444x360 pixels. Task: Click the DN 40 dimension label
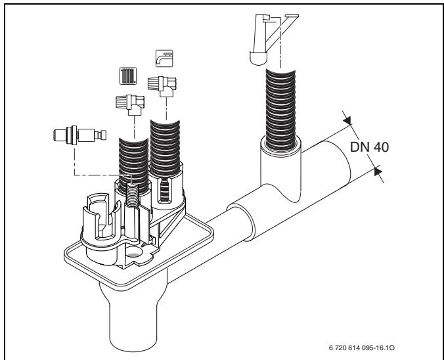(369, 147)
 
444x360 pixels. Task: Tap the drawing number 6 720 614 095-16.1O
(362, 348)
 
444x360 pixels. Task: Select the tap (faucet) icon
(164, 58)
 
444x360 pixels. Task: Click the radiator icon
(128, 76)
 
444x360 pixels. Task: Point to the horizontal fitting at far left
(79, 135)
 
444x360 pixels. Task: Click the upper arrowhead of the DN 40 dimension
(347, 120)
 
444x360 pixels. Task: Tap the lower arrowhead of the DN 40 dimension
(378, 171)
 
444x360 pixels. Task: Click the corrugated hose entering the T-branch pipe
(280, 109)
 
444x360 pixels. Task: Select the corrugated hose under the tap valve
(165, 148)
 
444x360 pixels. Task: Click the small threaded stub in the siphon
(131, 194)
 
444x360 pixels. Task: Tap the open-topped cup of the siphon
(99, 218)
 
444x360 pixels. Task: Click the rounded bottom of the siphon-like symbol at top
(258, 58)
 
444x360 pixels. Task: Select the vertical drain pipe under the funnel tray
(133, 315)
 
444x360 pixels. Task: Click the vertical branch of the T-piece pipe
(280, 170)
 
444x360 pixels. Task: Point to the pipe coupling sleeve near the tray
(240, 221)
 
